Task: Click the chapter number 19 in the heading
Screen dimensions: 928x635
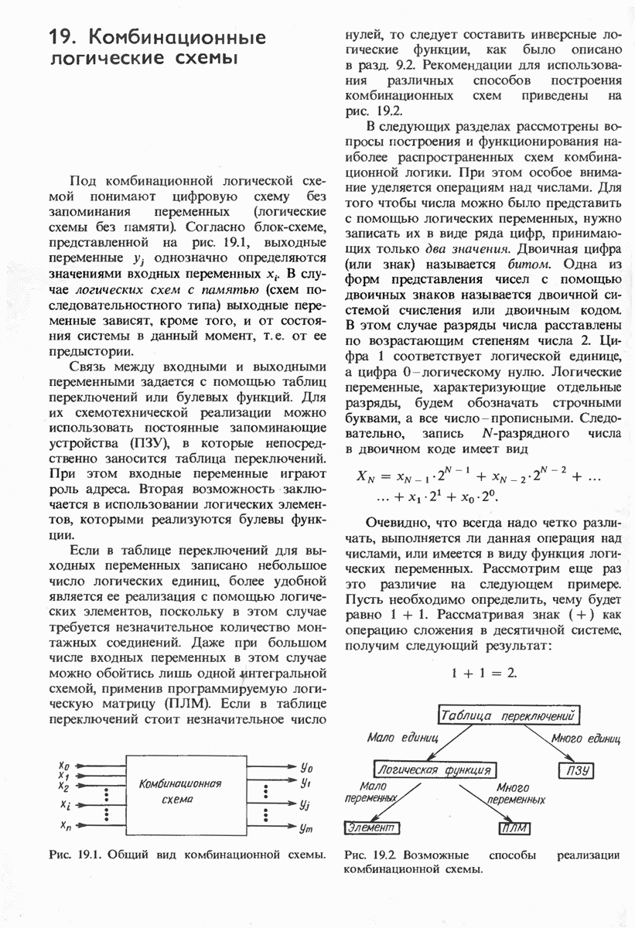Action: (61, 38)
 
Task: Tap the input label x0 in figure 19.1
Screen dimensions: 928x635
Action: (63, 766)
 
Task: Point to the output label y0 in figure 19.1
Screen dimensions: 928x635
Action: (306, 768)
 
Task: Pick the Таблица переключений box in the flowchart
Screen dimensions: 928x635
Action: (510, 715)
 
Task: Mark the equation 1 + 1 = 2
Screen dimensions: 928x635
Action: (484, 673)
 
